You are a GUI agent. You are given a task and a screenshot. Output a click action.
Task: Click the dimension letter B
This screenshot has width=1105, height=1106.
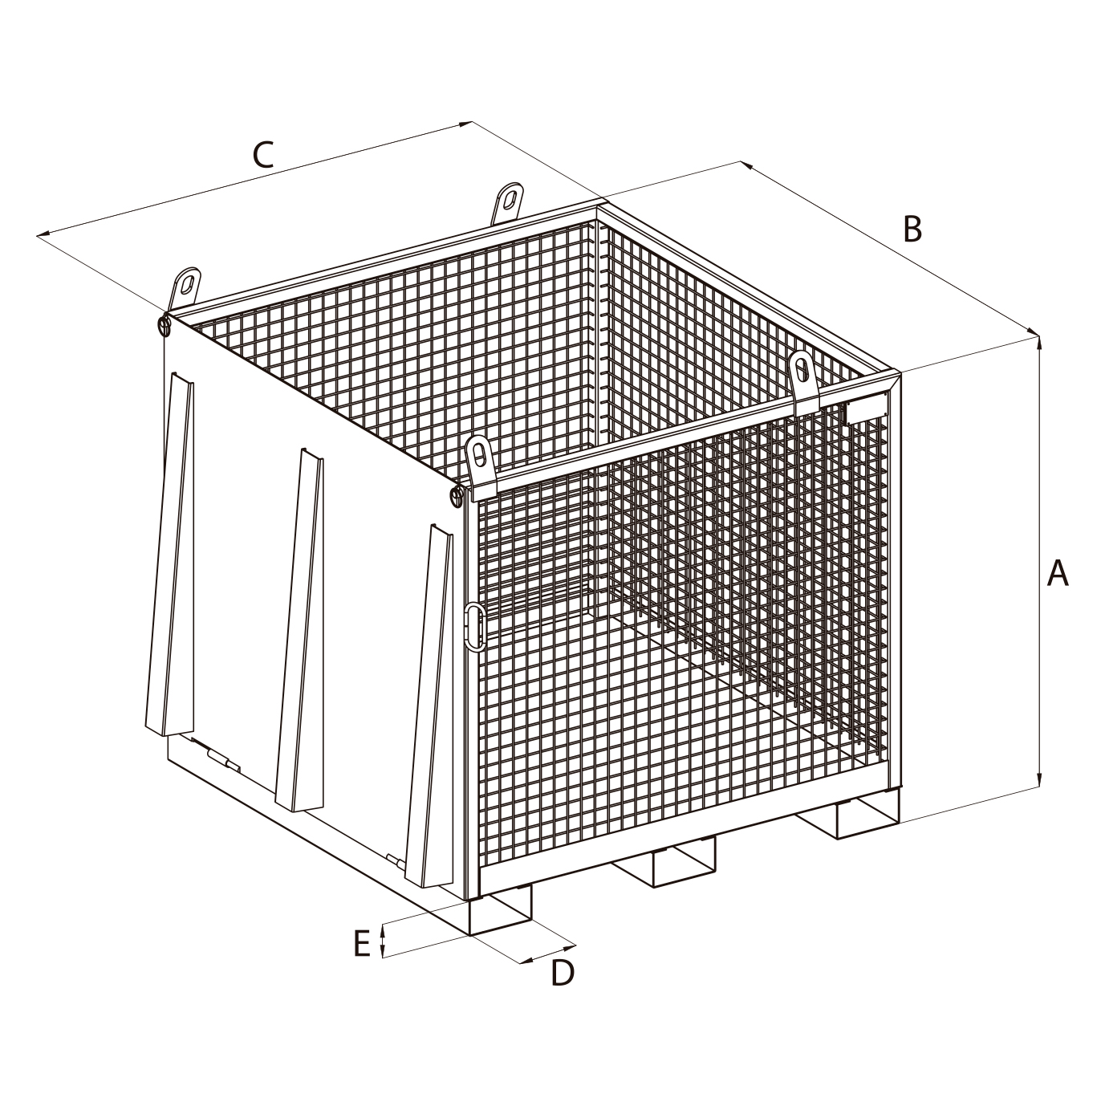tap(912, 229)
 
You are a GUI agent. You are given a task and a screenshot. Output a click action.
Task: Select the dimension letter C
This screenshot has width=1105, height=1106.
tap(263, 155)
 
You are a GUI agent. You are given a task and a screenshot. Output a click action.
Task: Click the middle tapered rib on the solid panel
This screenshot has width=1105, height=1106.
tap(300, 629)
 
